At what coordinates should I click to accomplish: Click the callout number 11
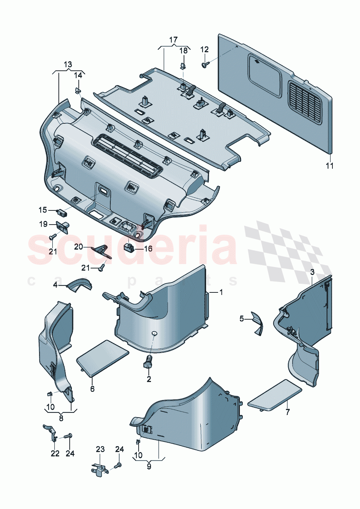tap(329, 166)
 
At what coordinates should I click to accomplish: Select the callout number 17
tap(173, 40)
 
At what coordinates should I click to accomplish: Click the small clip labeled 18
tap(183, 66)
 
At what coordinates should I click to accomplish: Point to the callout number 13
tap(68, 65)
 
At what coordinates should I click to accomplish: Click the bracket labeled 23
tap(98, 469)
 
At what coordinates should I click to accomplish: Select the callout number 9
tap(149, 467)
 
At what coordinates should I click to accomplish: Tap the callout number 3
tap(312, 272)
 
